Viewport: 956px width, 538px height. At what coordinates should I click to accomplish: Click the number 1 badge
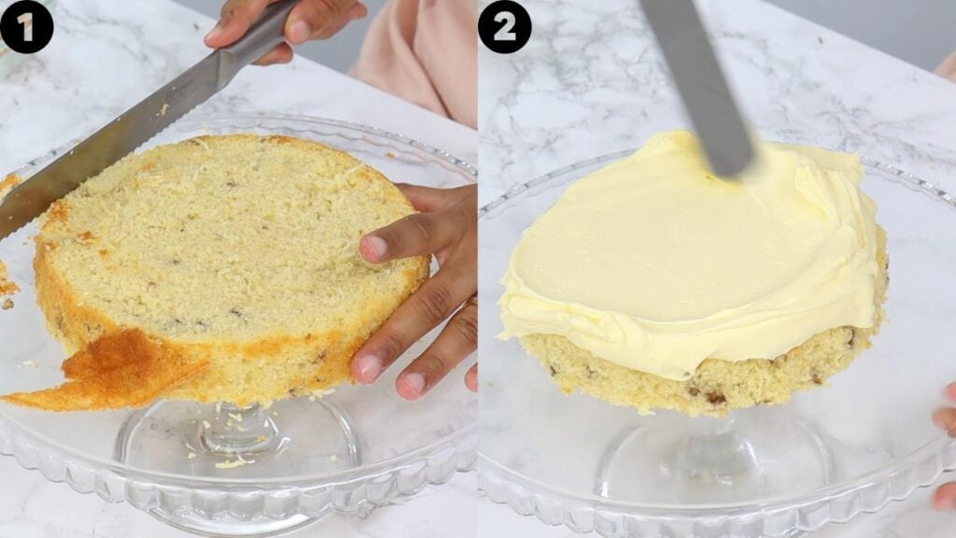click(26, 26)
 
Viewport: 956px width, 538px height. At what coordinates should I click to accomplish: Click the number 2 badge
click(504, 26)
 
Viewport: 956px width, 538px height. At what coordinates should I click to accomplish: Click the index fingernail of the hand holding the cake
click(374, 248)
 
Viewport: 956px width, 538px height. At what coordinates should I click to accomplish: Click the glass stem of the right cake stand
click(714, 448)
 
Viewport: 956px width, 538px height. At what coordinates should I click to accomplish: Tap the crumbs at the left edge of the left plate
click(7, 285)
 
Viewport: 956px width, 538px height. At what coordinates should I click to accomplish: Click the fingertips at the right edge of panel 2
click(945, 420)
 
